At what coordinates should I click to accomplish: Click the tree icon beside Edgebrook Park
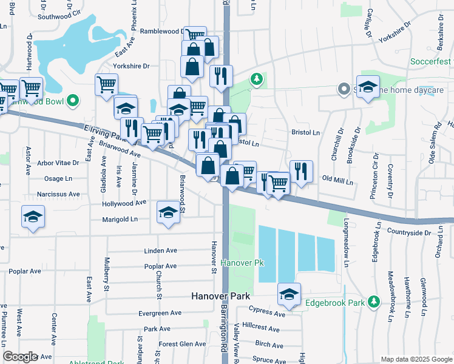pyautogui.click(x=374, y=302)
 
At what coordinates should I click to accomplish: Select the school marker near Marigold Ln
pyautogui.click(x=168, y=214)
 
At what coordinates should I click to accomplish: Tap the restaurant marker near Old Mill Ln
pyautogui.click(x=301, y=172)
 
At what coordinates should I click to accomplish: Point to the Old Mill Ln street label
pyautogui.click(x=337, y=180)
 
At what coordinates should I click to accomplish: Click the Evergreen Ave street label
pyautogui.click(x=160, y=313)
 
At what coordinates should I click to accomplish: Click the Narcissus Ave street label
pyautogui.click(x=58, y=194)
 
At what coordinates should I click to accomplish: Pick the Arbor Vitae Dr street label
pyautogui.click(x=58, y=163)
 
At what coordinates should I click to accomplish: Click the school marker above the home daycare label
pyautogui.click(x=368, y=87)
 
